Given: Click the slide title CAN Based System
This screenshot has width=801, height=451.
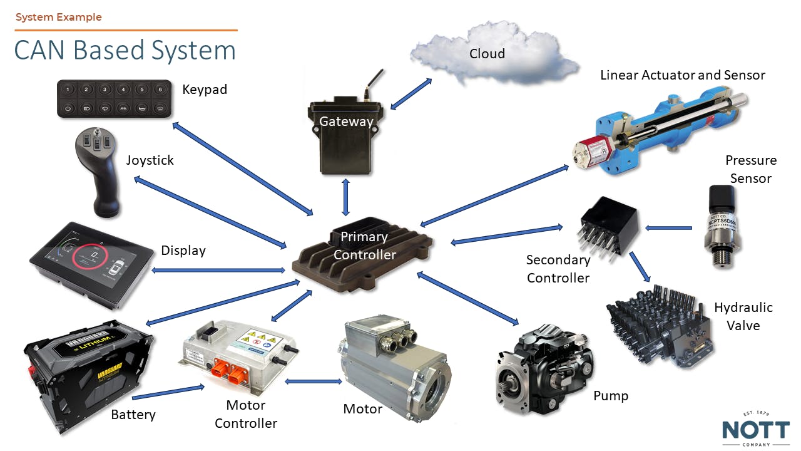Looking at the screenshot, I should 125,51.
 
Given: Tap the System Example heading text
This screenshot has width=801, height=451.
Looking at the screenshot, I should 59,17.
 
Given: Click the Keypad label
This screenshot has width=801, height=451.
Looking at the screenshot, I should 205,90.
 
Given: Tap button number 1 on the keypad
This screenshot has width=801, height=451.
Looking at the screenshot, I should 68,90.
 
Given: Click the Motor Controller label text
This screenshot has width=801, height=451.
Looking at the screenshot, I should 246,414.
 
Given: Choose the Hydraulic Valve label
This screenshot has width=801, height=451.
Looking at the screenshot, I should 743,316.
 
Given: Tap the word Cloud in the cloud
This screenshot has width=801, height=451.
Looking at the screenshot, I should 487,54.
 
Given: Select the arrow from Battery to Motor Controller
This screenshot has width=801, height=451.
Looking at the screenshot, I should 168,393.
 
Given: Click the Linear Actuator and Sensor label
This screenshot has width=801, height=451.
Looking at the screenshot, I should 682,75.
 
